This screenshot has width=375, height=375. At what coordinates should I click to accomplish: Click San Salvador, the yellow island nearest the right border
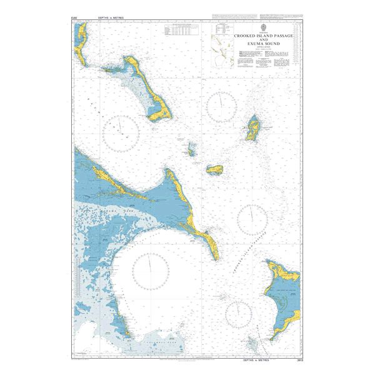tap(254, 128)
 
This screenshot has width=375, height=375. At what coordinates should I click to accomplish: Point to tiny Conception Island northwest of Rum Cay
tap(191, 149)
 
